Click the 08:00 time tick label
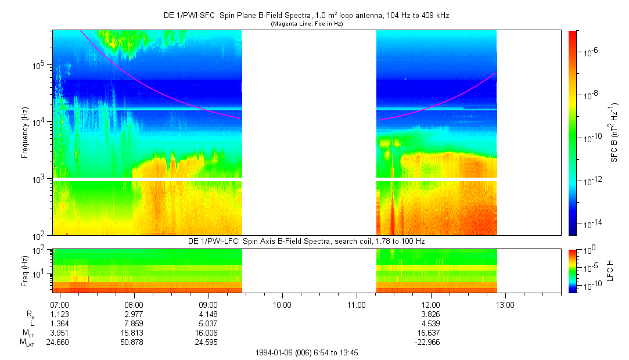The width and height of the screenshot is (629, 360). tap(134, 304)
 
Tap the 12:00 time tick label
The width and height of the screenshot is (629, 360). tap(430, 304)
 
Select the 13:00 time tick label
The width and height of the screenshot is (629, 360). tap(505, 304)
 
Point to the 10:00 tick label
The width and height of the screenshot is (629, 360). tap(282, 304)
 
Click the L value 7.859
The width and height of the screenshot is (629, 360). tap(134, 323)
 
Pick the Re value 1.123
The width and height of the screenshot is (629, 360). tap(60, 314)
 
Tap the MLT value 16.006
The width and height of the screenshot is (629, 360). tap(208, 333)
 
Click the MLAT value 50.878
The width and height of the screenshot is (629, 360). tap(134, 342)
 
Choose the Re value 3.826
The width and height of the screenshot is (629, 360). tap(430, 314)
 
